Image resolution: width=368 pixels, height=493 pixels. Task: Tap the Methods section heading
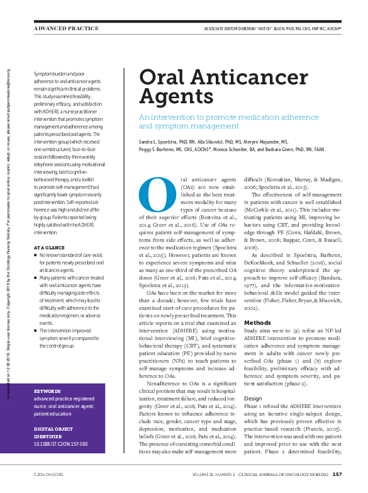(x=257, y=322)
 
